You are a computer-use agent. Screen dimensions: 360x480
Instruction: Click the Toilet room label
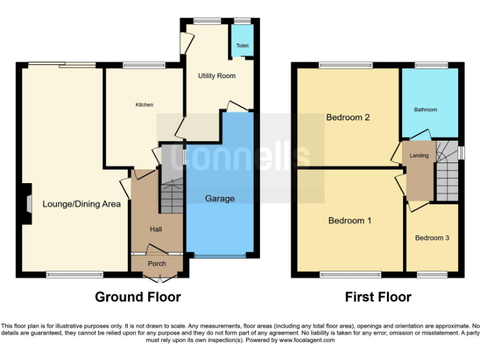click(x=242, y=46)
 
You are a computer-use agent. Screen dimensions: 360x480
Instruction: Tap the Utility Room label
click(x=217, y=76)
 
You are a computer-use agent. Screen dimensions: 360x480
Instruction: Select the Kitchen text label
click(x=144, y=104)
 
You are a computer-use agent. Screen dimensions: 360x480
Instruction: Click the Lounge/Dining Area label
click(x=81, y=204)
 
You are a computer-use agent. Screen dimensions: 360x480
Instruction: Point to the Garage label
click(x=220, y=199)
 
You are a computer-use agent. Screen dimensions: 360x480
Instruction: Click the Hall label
click(x=156, y=229)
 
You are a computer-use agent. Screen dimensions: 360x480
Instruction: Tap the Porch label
click(x=157, y=263)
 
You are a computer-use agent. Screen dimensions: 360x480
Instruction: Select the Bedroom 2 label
click(x=348, y=117)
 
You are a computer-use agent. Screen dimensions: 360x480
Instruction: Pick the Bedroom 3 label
click(x=432, y=238)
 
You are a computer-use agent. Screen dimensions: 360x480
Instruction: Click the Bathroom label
click(x=426, y=110)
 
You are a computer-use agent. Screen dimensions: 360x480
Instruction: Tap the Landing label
click(x=419, y=156)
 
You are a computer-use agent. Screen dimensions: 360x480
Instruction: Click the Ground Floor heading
click(x=137, y=297)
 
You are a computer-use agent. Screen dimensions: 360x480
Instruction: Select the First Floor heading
click(x=378, y=297)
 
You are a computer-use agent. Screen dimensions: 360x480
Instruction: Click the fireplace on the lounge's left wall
click(x=27, y=203)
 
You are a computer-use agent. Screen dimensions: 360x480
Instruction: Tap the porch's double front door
click(x=157, y=273)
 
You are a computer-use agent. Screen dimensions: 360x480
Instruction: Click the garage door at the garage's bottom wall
click(x=219, y=256)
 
